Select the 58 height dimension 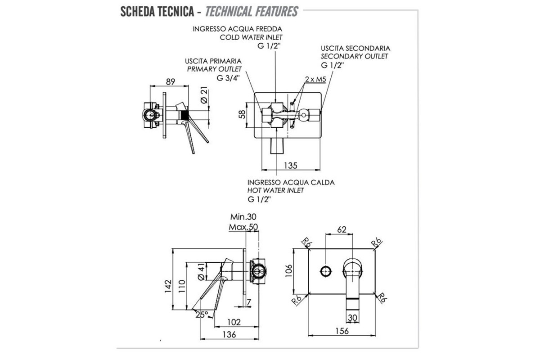243,113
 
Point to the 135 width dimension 291,165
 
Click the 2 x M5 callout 315,79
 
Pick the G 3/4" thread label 228,77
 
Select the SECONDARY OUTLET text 354,56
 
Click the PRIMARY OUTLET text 215,69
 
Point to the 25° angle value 202,315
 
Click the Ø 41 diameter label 201,272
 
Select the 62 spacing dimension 342,230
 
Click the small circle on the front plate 325,271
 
